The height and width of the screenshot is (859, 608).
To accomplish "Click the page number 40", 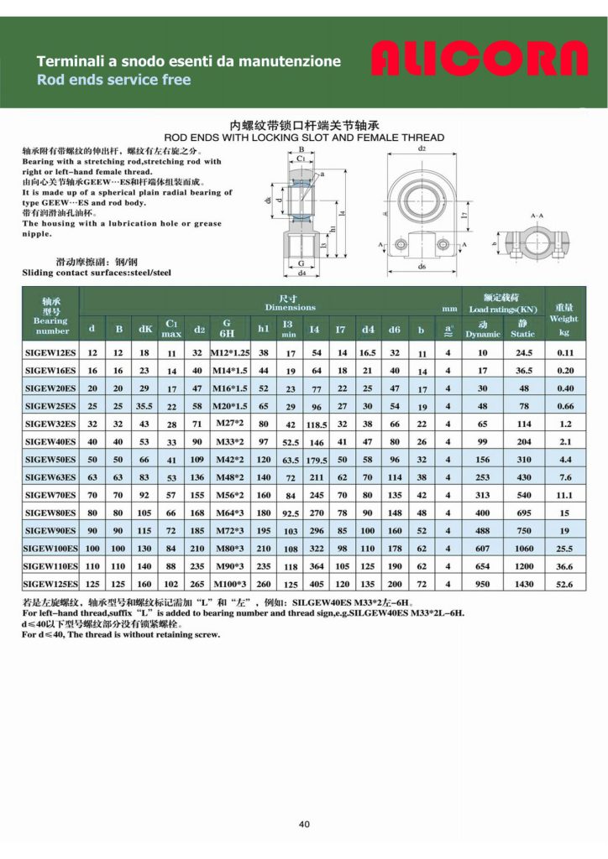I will point(304,824).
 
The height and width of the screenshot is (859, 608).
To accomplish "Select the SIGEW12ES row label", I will point(50,353).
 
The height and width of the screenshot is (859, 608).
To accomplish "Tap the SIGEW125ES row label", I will point(50,583).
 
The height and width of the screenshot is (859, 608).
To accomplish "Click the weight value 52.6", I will point(564,583).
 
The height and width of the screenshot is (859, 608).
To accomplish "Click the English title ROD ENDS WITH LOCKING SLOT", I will point(303,135).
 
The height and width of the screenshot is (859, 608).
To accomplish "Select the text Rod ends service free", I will point(113,80).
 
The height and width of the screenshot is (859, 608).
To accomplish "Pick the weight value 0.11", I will point(564,353).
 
